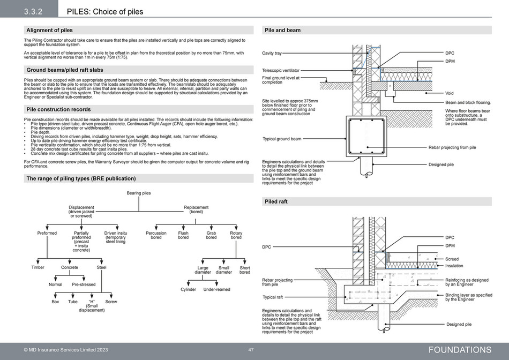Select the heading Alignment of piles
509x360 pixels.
point(49,30)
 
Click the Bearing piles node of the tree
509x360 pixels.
point(139,193)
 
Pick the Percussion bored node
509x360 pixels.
point(156,235)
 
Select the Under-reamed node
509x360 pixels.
point(216,289)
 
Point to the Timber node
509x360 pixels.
point(38,267)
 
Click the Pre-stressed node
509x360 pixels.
point(84,284)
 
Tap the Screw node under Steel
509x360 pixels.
point(111,302)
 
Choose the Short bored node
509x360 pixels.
point(244,270)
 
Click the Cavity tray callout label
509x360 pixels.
point(272,54)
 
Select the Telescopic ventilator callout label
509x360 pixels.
point(281,70)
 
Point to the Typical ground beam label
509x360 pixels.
point(282,139)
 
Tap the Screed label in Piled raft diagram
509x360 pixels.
point(452,259)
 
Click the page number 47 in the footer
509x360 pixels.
point(251,350)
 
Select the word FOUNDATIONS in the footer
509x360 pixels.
point(460,350)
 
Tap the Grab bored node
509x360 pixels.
point(211,235)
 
